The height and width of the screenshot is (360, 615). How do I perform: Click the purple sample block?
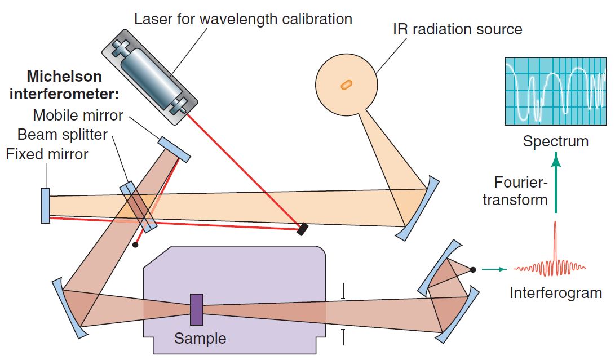[196, 309]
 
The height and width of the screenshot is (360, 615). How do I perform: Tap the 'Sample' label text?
[200, 339]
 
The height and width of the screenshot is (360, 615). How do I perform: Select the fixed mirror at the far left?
[45, 205]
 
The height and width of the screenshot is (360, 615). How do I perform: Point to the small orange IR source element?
[346, 85]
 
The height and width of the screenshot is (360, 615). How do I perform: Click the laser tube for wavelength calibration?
[151, 79]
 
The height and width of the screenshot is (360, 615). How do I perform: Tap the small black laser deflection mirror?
[303, 229]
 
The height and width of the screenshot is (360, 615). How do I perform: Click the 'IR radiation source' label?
[457, 29]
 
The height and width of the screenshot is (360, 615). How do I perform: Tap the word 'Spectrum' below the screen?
[555, 141]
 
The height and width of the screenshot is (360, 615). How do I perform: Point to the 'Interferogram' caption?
[555, 293]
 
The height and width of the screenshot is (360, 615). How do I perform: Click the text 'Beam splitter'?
[62, 135]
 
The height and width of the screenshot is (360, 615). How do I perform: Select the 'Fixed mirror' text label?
[47, 154]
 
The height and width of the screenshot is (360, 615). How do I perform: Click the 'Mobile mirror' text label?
[78, 115]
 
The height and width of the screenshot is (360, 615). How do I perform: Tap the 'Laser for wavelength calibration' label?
[243, 19]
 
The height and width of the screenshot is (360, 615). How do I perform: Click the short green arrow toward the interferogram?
[494, 269]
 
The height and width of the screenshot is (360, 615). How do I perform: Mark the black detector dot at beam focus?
[474, 269]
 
